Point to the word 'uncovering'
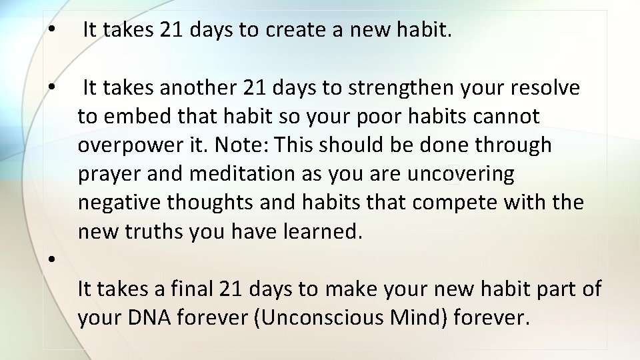460,174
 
